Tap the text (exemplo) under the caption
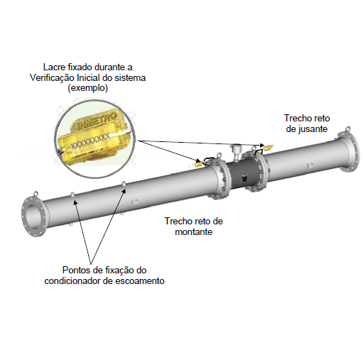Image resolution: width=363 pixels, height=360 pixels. click(x=88, y=88)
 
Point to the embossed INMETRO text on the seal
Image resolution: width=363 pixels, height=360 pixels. click(x=97, y=121)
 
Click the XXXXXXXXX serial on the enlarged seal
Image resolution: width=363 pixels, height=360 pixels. click(x=90, y=141)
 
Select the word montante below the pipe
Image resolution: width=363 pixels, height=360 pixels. click(x=194, y=231)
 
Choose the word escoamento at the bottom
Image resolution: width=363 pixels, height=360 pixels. click(x=140, y=281)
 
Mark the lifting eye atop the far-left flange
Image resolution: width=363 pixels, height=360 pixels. click(x=36, y=193)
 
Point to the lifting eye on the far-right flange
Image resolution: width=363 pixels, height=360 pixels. click(x=347, y=129)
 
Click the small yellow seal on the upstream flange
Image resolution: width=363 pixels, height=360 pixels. click(x=198, y=164)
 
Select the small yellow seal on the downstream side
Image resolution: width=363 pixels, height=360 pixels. click(x=268, y=148)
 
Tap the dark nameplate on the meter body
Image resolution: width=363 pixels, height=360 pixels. click(x=244, y=178)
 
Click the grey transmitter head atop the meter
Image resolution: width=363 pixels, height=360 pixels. click(x=236, y=150)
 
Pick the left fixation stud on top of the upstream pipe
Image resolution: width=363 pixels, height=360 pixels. click(x=72, y=195)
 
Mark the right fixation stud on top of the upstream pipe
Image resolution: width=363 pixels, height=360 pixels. click(x=124, y=183)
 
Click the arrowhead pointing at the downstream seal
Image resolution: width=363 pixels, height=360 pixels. click(x=262, y=145)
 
